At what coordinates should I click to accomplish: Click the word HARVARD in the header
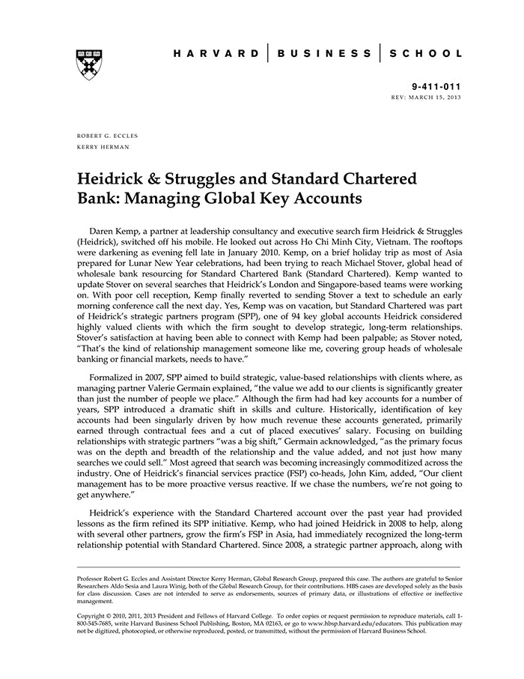pos(216,53)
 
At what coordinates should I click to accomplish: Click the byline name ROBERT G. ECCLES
pos(107,136)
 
